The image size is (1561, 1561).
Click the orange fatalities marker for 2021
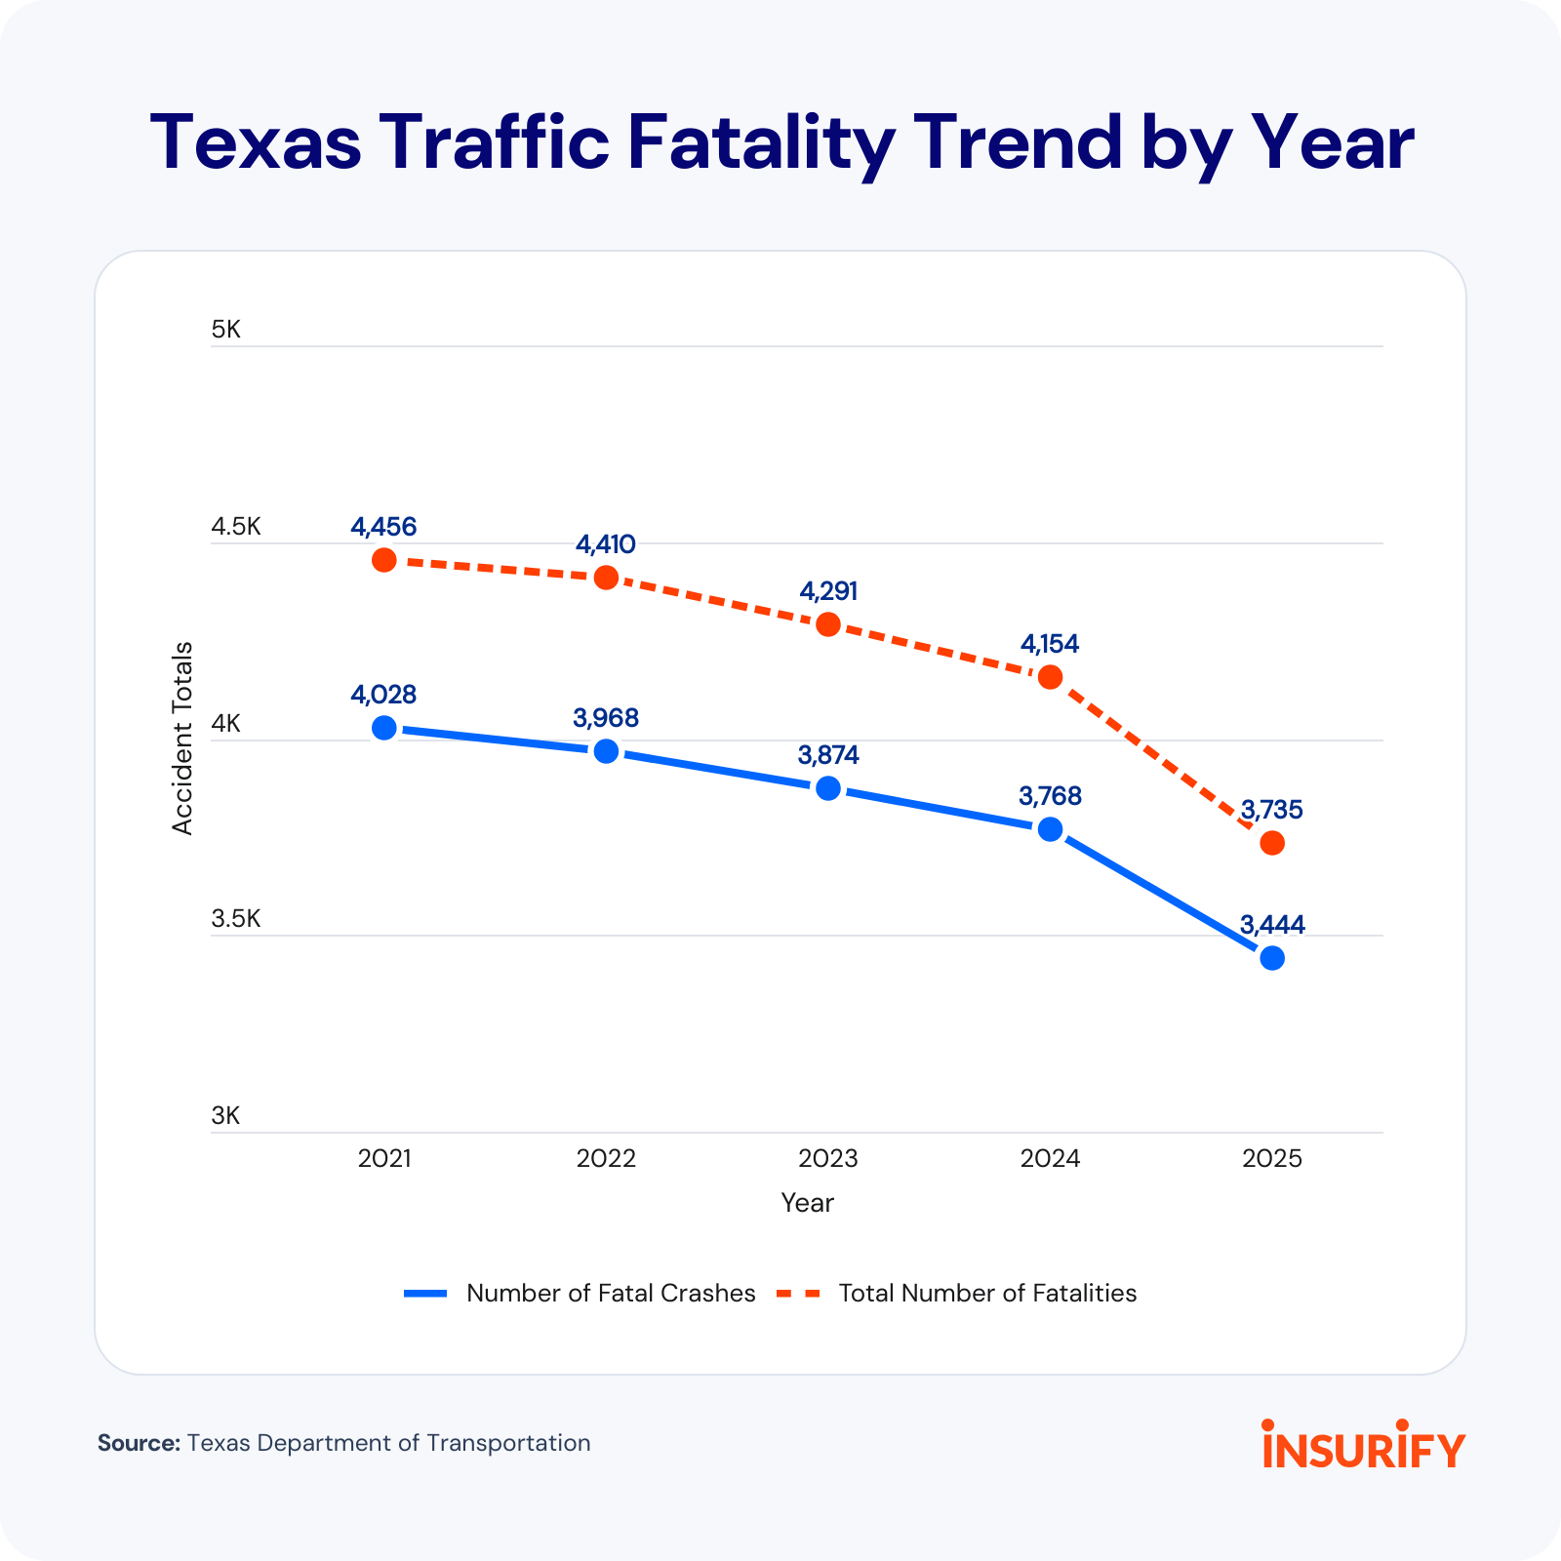(384, 560)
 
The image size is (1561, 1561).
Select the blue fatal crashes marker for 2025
(1272, 958)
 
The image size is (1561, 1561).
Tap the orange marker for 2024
(1050, 677)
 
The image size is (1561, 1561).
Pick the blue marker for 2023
(828, 788)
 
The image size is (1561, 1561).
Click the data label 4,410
(606, 544)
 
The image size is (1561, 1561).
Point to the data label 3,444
(1272, 925)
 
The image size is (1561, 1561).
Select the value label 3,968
(606, 719)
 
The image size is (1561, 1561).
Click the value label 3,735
(1272, 810)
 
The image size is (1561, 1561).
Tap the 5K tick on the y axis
(225, 330)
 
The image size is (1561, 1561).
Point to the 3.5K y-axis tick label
(236, 919)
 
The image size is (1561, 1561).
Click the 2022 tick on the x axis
(606, 1159)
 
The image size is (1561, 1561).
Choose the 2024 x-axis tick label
(1050, 1159)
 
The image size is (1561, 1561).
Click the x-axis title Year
(807, 1203)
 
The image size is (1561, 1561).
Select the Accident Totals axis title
(182, 739)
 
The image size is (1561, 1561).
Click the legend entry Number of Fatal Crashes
(611, 1294)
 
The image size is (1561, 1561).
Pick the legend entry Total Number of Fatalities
(987, 1294)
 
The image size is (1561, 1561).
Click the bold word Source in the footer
(139, 1443)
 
